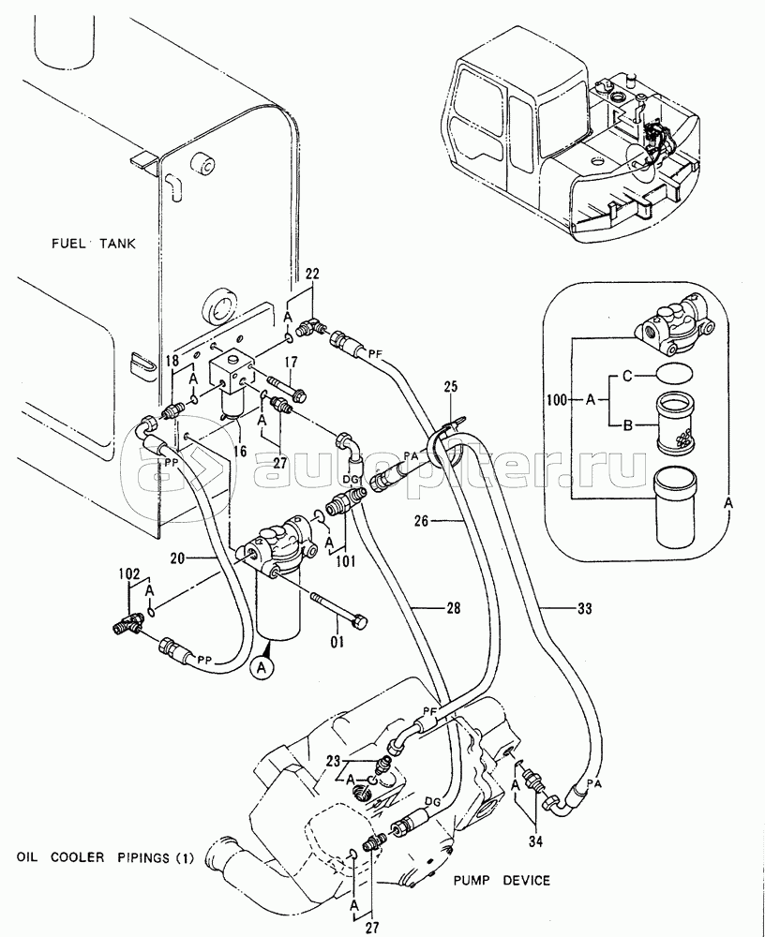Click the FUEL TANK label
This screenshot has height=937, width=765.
pos(93,244)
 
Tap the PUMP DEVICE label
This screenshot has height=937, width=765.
pos(502,880)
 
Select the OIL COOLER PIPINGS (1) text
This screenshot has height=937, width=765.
pos(105,857)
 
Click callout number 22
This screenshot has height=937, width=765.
pos(312,274)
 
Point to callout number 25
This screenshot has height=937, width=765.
pos(450,387)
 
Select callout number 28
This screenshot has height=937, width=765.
pos(454,608)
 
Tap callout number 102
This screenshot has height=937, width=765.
pos(128,575)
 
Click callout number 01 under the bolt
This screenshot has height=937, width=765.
pos(338,643)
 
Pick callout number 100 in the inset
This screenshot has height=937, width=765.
pos(557,401)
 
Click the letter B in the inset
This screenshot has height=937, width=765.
pos(627,424)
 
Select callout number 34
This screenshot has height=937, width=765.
pos(535,841)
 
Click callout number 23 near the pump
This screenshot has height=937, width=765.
pos(333,761)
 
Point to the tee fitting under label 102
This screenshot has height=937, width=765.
pos(127,623)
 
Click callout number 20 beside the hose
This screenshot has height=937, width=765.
pos(177,558)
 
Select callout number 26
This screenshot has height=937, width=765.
pos(422,521)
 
